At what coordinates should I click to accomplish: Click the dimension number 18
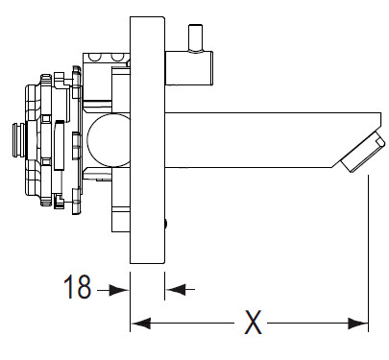[x=78, y=286]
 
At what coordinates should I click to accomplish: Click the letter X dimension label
[x=253, y=322]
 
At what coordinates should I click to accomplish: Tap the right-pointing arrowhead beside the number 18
[x=118, y=290]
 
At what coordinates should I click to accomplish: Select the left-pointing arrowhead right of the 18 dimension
[x=176, y=289]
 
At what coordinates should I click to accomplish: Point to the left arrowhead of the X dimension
[x=141, y=324]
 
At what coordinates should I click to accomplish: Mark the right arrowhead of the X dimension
[x=358, y=324]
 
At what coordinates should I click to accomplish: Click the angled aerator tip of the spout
[x=362, y=152]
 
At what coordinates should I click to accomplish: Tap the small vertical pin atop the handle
[x=195, y=38]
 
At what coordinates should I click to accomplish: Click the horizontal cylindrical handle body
[x=189, y=68]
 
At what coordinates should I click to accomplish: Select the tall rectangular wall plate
[x=147, y=140]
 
